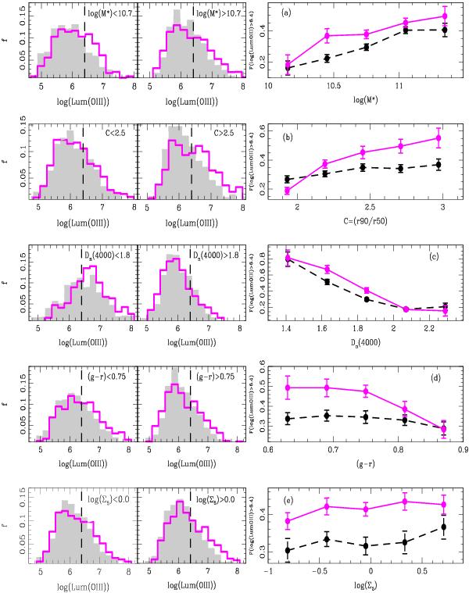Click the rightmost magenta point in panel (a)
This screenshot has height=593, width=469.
[x=444, y=16]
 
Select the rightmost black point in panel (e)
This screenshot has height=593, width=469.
[x=444, y=527]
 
